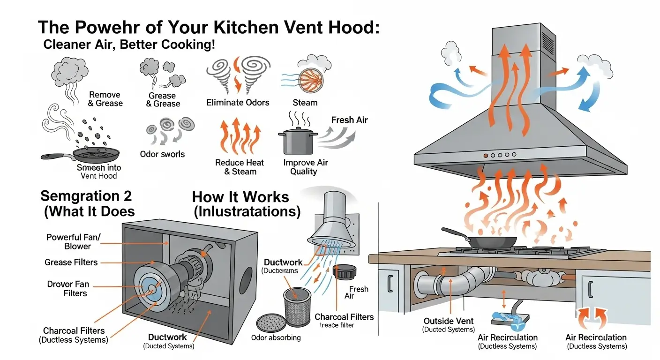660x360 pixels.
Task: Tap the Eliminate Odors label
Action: [238, 102]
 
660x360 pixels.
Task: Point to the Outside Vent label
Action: [449, 321]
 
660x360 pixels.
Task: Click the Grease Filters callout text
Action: [71, 262]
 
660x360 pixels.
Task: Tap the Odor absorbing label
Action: [276, 337]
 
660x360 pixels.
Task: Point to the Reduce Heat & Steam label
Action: [240, 167]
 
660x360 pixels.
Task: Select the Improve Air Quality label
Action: [306, 167]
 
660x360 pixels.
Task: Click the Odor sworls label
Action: [163, 154]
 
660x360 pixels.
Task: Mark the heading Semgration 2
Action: [87, 195]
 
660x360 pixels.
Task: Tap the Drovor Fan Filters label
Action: [68, 288]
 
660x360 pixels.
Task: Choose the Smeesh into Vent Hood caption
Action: [98, 172]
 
